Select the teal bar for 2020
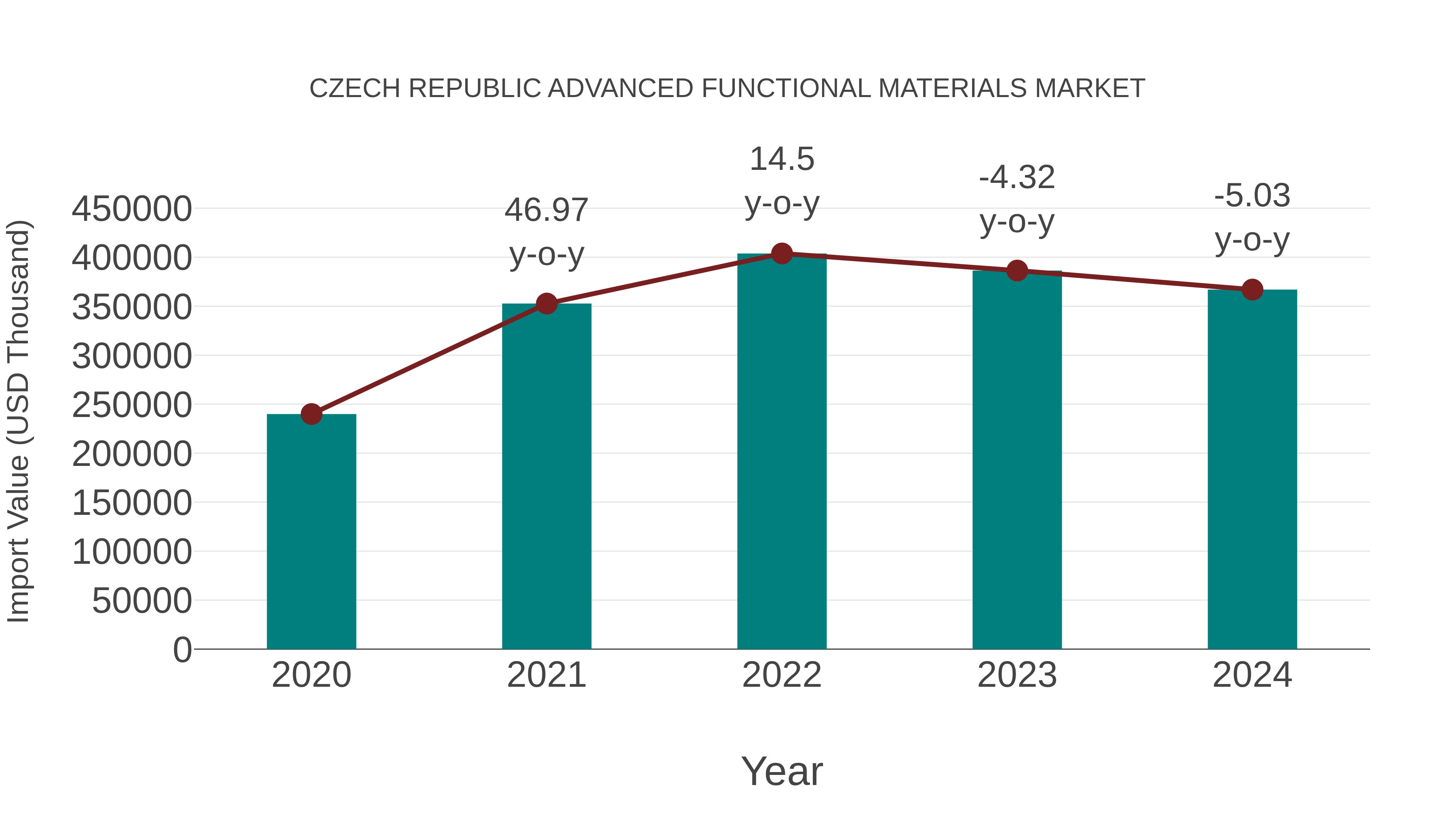click(311, 531)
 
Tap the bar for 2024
click(1252, 469)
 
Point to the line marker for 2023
click(1017, 271)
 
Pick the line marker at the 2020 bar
click(311, 414)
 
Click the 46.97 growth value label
click(546, 210)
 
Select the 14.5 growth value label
click(782, 159)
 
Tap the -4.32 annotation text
click(1017, 178)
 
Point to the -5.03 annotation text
click(1252, 196)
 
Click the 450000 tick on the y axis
click(132, 209)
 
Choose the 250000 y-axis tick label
click(132, 405)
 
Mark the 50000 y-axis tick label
click(142, 601)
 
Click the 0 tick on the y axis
click(182, 650)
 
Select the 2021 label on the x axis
click(546, 675)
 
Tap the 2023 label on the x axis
click(1017, 675)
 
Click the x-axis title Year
click(782, 771)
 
